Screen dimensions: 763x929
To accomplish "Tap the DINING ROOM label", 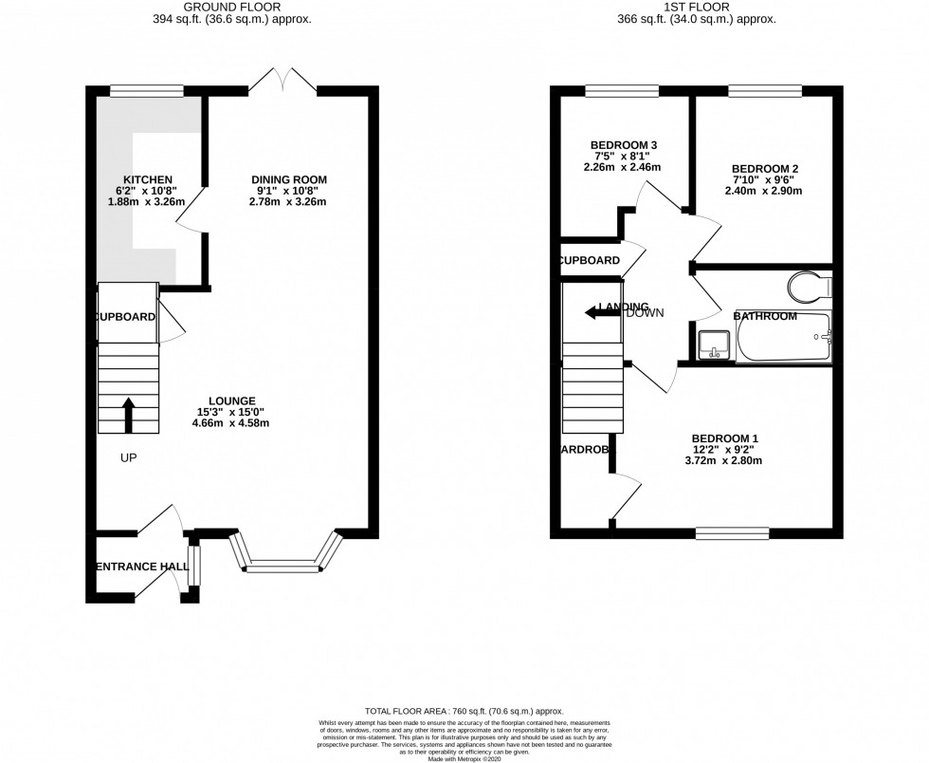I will pos(288,179).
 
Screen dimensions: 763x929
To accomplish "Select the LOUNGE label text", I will pos(232,400).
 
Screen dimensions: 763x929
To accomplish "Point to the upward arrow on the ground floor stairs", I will pos(129,413).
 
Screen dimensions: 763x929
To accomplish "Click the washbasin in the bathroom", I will pos(713,344).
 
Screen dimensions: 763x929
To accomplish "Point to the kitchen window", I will pos(146,91).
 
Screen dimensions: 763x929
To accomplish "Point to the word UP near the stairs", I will pos(129,458).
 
